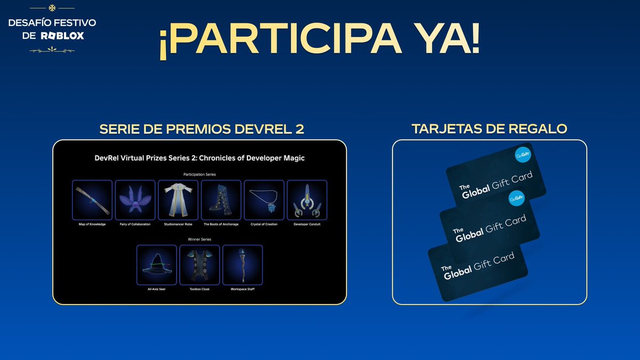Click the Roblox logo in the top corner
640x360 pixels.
[62, 36]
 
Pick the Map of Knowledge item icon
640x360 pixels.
[92, 200]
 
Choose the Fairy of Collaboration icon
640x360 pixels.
[135, 200]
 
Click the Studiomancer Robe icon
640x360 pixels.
[178, 200]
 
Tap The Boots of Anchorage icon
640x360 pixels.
[221, 200]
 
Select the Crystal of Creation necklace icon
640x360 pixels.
[264, 200]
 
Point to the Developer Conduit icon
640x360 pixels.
[307, 200]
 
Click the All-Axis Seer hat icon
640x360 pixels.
[156, 265]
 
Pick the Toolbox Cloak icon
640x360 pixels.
[199, 265]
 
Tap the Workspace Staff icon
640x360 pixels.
[243, 265]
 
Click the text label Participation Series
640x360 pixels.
[199, 174]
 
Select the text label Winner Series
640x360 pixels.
[199, 239]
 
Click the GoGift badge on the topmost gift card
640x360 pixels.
[523, 155]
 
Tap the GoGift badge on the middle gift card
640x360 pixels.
[515, 198]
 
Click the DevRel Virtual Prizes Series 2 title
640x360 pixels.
[199, 158]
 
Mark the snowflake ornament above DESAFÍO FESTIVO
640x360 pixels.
[52, 8]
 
